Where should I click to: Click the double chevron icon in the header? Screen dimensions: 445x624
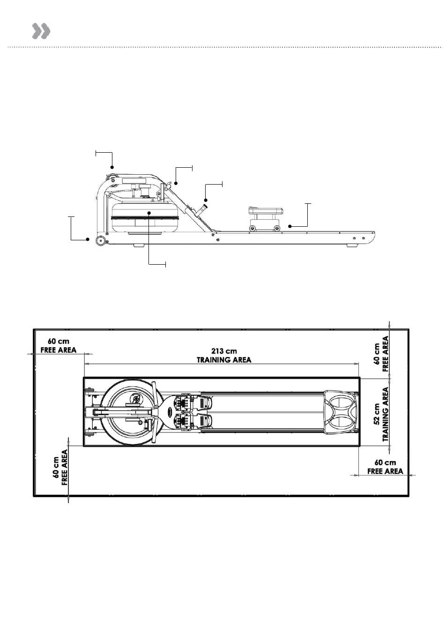(41, 31)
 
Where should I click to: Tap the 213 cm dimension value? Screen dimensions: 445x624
(224, 351)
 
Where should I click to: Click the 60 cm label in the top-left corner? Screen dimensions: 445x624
(59, 341)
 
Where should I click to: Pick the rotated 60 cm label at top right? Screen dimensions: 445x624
(377, 354)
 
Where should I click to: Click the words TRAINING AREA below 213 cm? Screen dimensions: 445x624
(224, 360)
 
